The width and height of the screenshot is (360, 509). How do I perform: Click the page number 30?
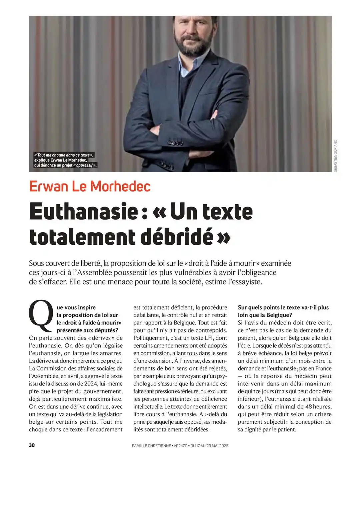[x=32, y=445]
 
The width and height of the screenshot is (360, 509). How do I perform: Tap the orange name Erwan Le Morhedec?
[x=90, y=186]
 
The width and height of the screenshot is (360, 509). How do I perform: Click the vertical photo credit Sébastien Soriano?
[x=335, y=156]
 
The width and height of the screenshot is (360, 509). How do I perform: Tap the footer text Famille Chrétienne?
[x=151, y=446]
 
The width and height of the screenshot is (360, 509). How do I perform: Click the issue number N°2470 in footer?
[x=181, y=446]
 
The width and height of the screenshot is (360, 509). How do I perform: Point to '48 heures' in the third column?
[x=319, y=406]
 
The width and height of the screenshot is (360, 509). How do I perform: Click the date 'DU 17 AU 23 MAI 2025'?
[x=209, y=446]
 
